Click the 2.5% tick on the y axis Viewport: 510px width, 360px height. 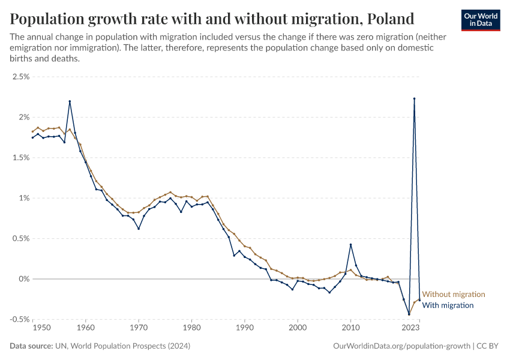pyautogui.click(x=20, y=77)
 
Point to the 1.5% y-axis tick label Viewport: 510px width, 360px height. pyautogui.click(x=20, y=158)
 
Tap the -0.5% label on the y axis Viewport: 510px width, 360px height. pyautogui.click(x=19, y=319)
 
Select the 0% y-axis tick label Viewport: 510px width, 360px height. pyautogui.click(x=23, y=279)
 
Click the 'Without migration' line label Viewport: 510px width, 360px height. pyautogui.click(x=454, y=295)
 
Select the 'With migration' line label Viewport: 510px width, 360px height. pyautogui.click(x=448, y=305)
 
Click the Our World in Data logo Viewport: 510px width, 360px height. pyautogui.click(x=481, y=19)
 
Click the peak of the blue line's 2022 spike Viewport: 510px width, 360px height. pyautogui.click(x=414, y=98)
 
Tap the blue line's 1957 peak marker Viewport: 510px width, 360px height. pyautogui.click(x=70, y=101)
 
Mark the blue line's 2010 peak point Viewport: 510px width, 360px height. pyautogui.click(x=350, y=244)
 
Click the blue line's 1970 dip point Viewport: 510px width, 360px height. pyautogui.click(x=139, y=229)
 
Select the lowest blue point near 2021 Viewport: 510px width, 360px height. pyautogui.click(x=409, y=314)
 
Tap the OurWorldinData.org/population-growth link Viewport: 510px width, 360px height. pyautogui.click(x=401, y=346)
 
